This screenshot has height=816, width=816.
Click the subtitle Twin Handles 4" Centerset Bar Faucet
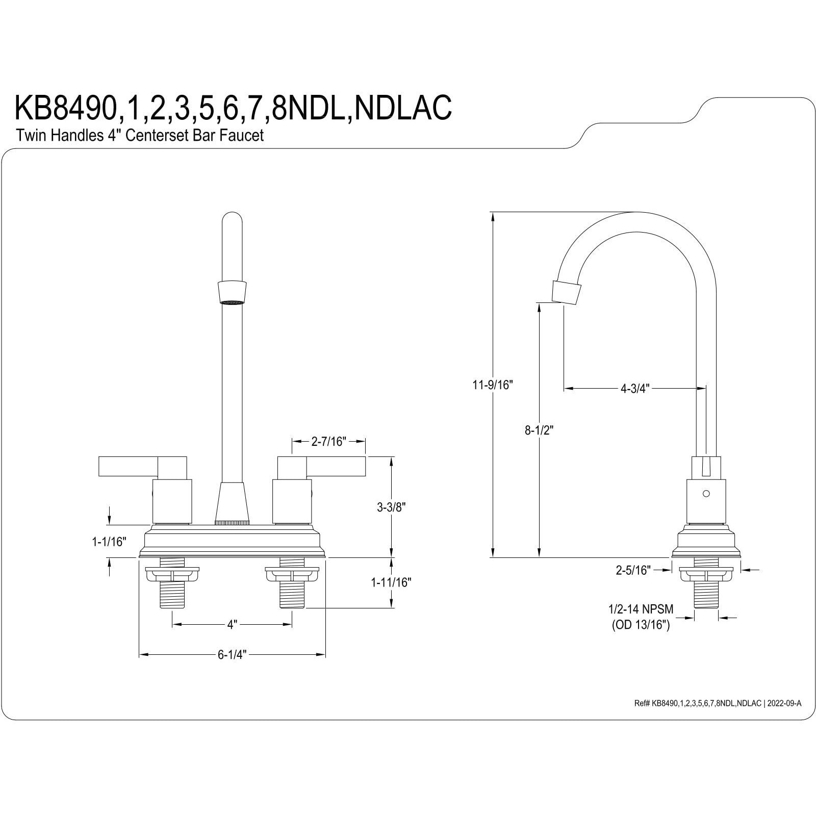click(x=140, y=136)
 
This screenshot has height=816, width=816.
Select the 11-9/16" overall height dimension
click(x=492, y=385)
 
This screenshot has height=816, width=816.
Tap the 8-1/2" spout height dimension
click(x=539, y=430)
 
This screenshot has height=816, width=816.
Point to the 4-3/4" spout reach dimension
click(x=634, y=389)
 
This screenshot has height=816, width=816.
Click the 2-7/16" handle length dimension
click(x=328, y=441)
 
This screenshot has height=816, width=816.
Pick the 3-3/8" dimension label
click(x=391, y=507)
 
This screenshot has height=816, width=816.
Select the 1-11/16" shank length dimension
click(x=391, y=582)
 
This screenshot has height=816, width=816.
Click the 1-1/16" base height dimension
click(x=109, y=542)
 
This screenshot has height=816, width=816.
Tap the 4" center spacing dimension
click(x=232, y=624)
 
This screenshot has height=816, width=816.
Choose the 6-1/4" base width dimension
click(x=232, y=654)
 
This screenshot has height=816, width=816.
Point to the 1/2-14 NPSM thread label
click(x=641, y=609)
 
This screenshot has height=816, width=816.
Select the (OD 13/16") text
click(x=641, y=625)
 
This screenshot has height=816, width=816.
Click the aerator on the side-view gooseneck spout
click(x=566, y=292)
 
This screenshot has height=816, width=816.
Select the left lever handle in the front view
click(x=127, y=467)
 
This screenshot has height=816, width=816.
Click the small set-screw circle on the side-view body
click(x=706, y=494)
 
